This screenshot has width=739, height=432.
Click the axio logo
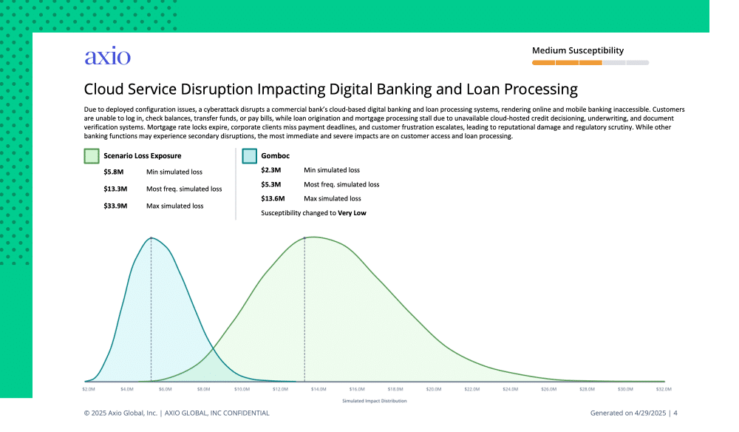click(107, 57)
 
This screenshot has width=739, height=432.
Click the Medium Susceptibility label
click(578, 51)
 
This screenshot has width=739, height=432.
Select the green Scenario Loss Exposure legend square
click(92, 156)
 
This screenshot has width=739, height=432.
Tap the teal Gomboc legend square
click(249, 156)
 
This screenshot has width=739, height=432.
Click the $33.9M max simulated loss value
click(115, 206)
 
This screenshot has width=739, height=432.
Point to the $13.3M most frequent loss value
click(115, 189)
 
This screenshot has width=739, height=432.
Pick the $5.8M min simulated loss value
click(114, 172)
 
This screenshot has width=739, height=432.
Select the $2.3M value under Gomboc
click(271, 170)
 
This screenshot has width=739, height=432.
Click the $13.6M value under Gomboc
click(273, 199)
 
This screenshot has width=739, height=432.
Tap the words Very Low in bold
click(352, 213)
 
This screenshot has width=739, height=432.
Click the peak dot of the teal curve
click(151, 238)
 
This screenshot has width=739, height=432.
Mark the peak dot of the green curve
click(304, 238)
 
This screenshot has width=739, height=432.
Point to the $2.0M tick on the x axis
click(89, 388)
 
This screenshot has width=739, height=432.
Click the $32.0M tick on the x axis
click(664, 388)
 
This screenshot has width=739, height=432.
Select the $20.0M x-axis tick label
click(434, 388)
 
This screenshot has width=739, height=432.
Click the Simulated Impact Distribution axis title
click(375, 401)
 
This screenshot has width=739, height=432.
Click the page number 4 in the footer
click(675, 413)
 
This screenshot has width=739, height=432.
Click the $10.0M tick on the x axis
click(242, 388)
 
